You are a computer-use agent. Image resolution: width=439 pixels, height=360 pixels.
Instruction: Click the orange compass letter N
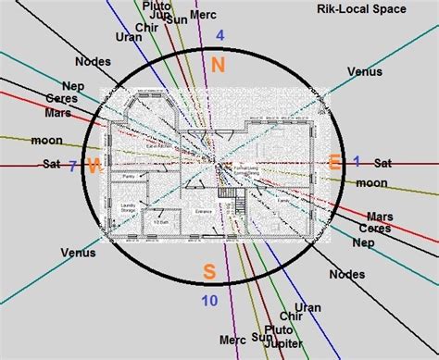[218, 64]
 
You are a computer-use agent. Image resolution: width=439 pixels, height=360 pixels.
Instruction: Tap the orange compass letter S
[209, 271]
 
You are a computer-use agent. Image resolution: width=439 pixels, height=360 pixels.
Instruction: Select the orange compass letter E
[334, 163]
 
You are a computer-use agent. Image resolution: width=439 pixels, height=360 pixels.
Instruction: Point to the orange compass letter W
[94, 165]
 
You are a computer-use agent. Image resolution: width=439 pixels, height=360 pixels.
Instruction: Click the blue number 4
[219, 36]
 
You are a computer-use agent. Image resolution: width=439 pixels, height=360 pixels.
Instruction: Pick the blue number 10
[209, 299]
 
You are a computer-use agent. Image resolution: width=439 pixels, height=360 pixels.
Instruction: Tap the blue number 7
[72, 167]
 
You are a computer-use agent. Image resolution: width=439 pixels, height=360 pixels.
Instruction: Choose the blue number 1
[355, 160]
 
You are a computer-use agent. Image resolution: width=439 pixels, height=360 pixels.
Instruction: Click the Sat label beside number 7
[51, 164]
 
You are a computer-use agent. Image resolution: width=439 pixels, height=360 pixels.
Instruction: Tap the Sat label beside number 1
[383, 163]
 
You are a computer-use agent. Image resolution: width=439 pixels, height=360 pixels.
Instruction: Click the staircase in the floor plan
[229, 194]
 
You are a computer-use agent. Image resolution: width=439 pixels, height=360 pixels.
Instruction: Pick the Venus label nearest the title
[364, 70]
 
